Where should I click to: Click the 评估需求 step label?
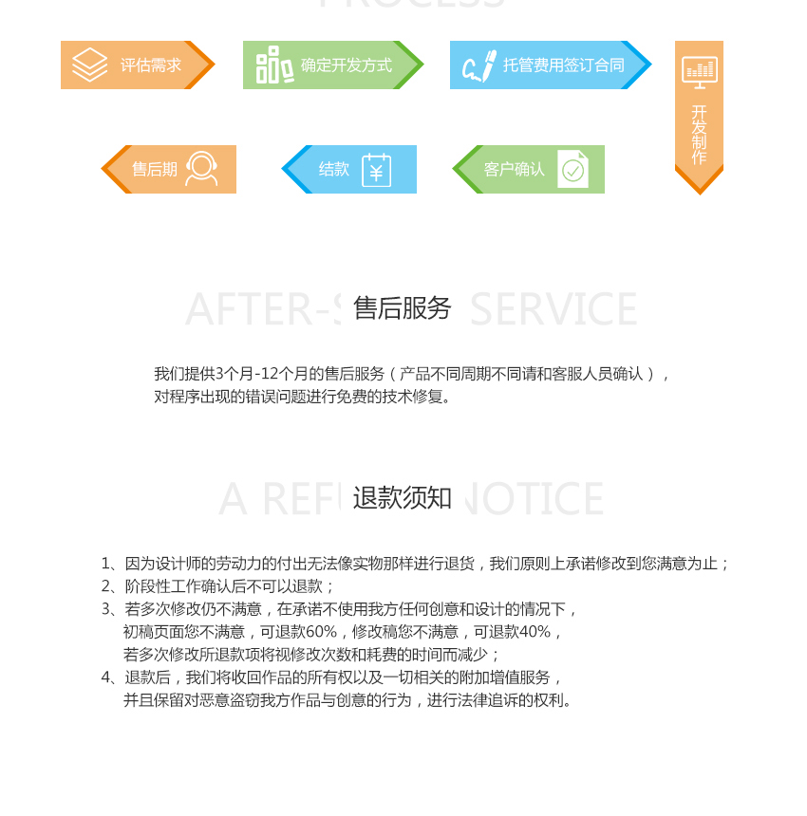coord(150,65)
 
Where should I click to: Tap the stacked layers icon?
coord(89,65)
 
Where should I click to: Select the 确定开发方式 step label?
coord(346,65)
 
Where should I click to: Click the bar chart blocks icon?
coord(273,65)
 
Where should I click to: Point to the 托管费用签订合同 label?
coord(563,65)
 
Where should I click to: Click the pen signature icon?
coord(479,65)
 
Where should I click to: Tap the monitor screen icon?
coord(699,72)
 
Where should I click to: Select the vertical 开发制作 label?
coord(699,135)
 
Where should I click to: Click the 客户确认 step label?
coord(514,170)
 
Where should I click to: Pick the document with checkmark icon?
coord(572,169)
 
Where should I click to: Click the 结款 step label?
coord(333,170)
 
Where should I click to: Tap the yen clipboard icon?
coord(376,170)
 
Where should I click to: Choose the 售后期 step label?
coord(154,170)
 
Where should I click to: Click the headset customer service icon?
coord(200,169)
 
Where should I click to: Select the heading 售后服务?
coord(402,308)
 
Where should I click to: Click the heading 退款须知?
coord(402,498)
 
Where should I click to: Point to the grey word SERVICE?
coord(554,310)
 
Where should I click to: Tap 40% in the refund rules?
coord(535,632)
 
